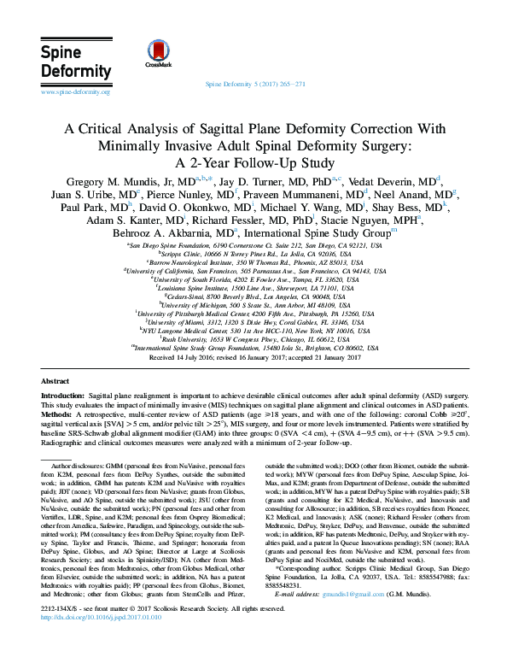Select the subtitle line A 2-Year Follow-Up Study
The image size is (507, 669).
(253, 162)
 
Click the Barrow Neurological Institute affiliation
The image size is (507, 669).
(254, 264)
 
